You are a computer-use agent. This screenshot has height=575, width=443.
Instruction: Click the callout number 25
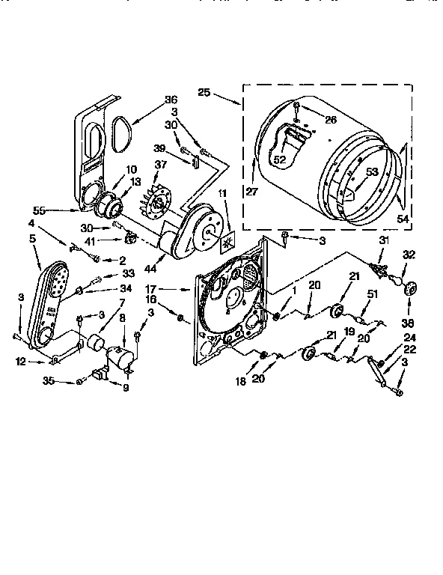pos(204,94)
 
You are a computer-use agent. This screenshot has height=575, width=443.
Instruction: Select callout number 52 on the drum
pos(280,159)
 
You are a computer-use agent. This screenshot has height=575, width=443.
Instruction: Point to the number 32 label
pos(409,255)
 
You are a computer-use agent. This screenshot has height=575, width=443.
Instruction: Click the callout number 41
pos(111,240)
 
